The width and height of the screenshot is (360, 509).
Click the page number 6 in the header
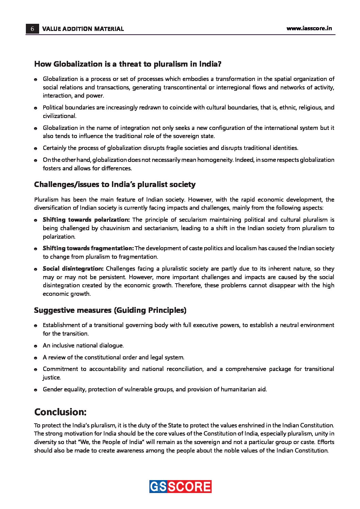pyautogui.click(x=32, y=29)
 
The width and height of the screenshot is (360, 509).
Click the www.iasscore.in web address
pyautogui.click(x=309, y=29)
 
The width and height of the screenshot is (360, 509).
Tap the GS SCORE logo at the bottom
pyautogui.click(x=180, y=487)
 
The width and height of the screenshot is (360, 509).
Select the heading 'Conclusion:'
pyautogui.click(x=60, y=412)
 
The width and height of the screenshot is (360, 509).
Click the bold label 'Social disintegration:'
pyautogui.click(x=73, y=269)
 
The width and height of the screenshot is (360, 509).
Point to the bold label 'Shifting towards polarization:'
pyautogui.click(x=86, y=220)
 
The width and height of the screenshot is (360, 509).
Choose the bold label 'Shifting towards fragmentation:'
pyautogui.click(x=88, y=248)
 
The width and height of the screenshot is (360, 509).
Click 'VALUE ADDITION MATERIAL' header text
pyautogui.click(x=83, y=29)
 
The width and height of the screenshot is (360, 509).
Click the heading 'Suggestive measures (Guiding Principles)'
pyautogui.click(x=110, y=310)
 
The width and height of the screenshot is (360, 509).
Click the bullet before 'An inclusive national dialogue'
pyautogui.click(x=35, y=346)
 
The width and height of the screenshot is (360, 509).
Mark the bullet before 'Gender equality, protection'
pyautogui.click(x=35, y=390)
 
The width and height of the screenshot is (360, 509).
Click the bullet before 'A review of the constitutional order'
pyautogui.click(x=35, y=358)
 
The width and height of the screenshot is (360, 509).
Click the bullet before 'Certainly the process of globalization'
pyautogui.click(x=35, y=149)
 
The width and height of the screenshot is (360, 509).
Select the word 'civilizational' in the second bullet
pyautogui.click(x=59, y=116)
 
